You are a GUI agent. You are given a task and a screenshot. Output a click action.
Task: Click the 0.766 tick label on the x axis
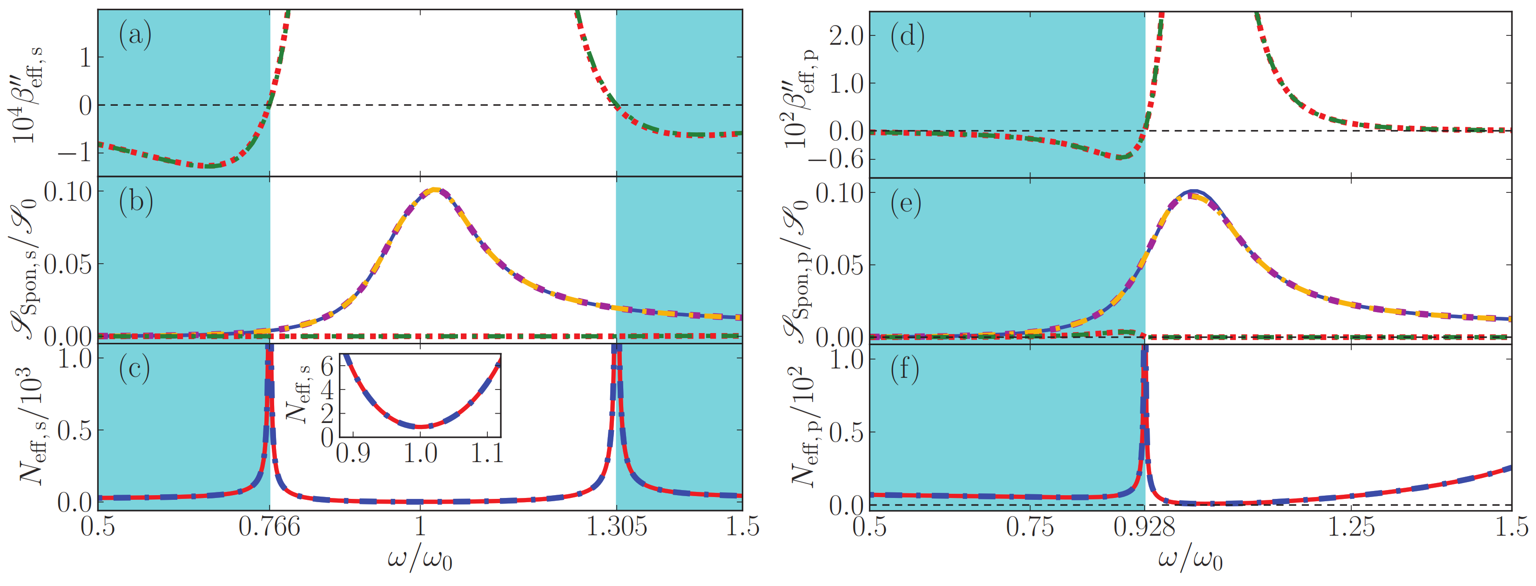pyautogui.click(x=269, y=527)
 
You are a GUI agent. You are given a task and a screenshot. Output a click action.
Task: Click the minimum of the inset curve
pyautogui.click(x=420, y=427)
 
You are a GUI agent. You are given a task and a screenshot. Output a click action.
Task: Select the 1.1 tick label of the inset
pyautogui.click(x=487, y=454)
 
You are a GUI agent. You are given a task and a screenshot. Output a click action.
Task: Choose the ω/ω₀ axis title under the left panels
pyautogui.click(x=420, y=559)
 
